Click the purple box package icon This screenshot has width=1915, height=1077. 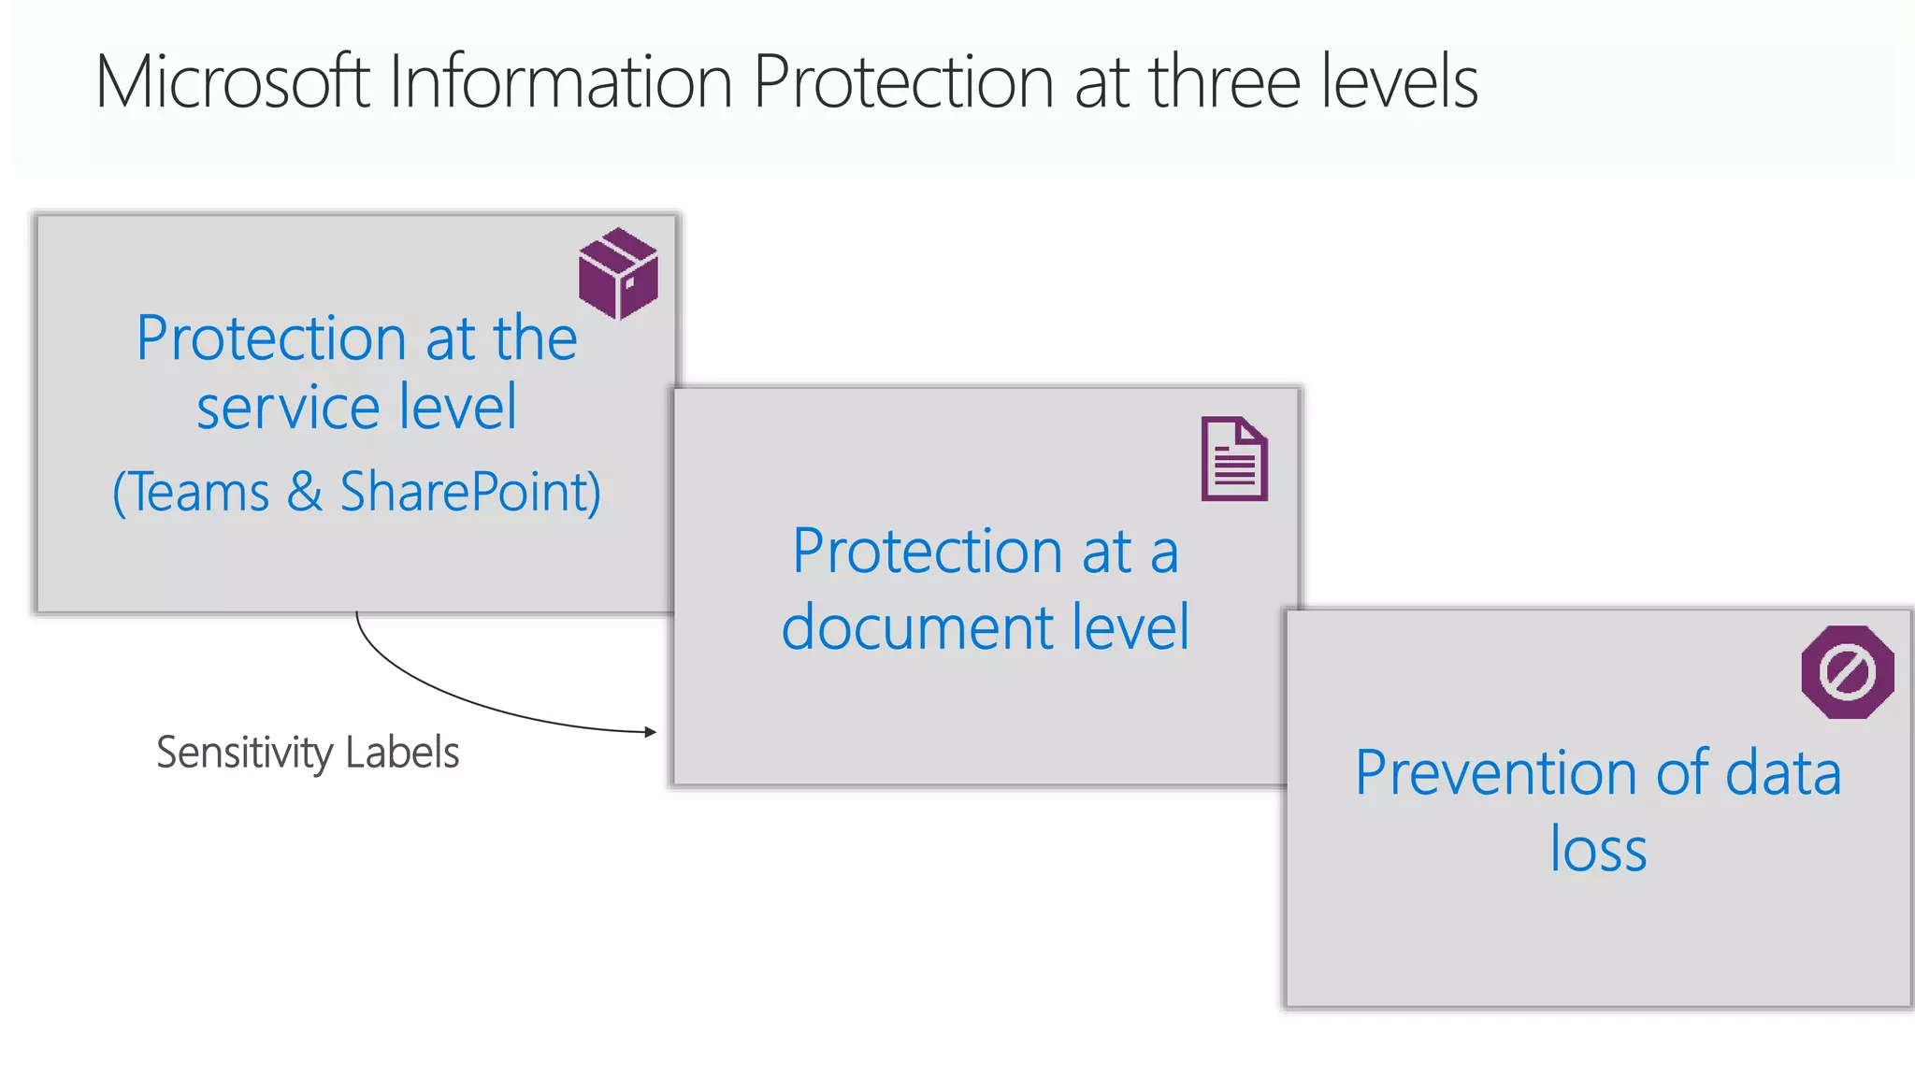pyautogui.click(x=618, y=273)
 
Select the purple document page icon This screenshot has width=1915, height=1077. pyautogui.click(x=1234, y=459)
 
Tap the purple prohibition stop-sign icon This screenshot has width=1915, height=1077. pyautogui.click(x=1848, y=672)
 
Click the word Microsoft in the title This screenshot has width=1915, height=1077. pyautogui.click(x=233, y=82)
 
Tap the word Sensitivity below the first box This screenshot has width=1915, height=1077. pyautogui.click(x=244, y=754)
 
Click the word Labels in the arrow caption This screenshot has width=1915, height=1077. pyautogui.click(x=402, y=753)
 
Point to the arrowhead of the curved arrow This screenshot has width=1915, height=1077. pyautogui.click(x=651, y=732)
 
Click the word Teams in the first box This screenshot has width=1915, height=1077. pyautogui.click(x=197, y=493)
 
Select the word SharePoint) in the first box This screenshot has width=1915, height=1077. pyautogui.click(x=470, y=493)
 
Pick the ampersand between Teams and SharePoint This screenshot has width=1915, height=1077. pyautogui.click(x=305, y=493)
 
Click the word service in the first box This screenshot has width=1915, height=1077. pyautogui.click(x=288, y=409)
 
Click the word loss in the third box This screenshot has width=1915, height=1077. pyautogui.click(x=1598, y=850)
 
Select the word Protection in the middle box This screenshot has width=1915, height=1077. pyautogui.click(x=927, y=552)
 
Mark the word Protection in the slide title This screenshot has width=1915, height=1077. pyautogui.click(x=904, y=82)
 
